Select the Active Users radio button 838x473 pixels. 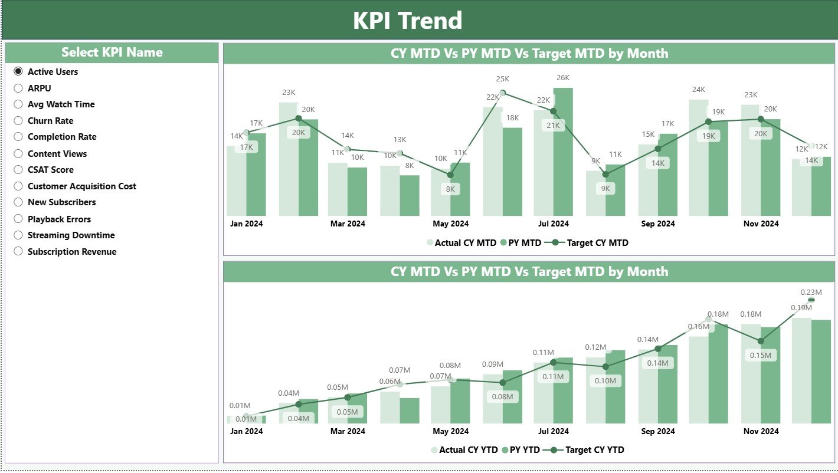[18, 71]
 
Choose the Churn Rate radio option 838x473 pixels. [18, 120]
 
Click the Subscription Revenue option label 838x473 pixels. [72, 251]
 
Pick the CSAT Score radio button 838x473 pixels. [18, 169]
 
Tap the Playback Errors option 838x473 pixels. [59, 219]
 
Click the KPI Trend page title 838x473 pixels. [407, 21]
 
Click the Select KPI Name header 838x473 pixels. [112, 52]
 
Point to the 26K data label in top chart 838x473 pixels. [562, 77]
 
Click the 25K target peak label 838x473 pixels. [502, 78]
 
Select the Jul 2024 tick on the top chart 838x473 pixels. [553, 224]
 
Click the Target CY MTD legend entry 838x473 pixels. [597, 242]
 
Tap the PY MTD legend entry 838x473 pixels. [525, 242]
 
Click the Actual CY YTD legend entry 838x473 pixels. [468, 449]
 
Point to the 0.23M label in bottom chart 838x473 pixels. [811, 291]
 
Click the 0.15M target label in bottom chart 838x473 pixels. [760, 355]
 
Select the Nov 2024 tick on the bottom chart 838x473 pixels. [760, 431]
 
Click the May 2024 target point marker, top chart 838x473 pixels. [450, 175]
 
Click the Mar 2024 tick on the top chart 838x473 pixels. [348, 224]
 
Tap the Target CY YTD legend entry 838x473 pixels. [594, 449]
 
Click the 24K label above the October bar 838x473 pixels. [698, 89]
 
